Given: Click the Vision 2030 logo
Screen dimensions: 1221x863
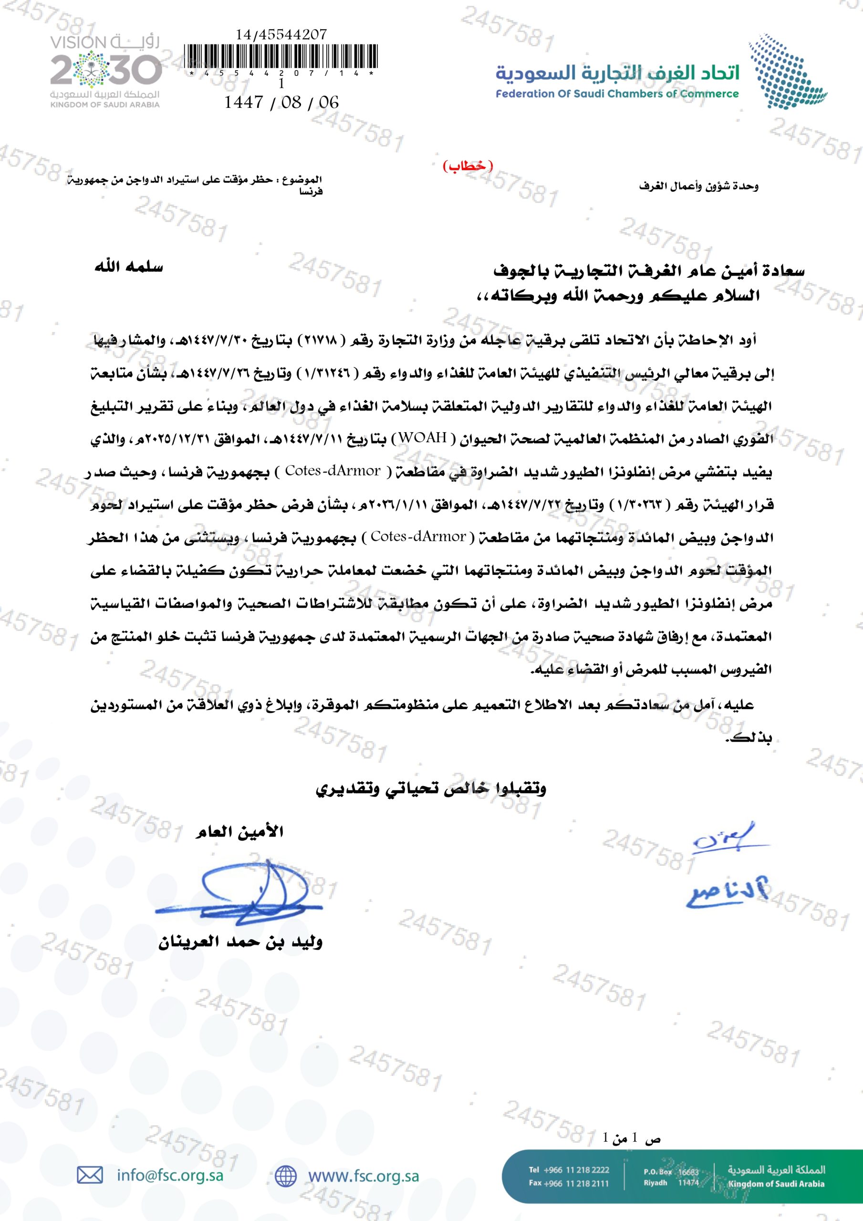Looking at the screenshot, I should click(x=105, y=71).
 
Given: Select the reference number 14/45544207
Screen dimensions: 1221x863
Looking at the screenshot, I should click(x=281, y=34).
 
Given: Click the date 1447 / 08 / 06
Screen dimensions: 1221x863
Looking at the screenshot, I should click(x=281, y=102).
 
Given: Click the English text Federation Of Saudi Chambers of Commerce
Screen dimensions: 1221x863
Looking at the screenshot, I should click(x=617, y=94).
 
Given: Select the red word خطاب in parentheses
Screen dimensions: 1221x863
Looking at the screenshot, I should click(x=468, y=166).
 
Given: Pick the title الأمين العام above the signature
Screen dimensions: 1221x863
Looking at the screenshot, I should click(x=239, y=831).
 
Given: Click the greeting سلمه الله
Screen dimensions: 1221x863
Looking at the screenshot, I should click(x=129, y=267).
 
